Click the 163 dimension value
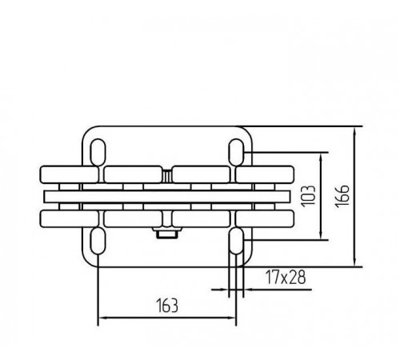tap(167, 306)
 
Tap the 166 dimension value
tap(342, 196)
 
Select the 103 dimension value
tap(308, 196)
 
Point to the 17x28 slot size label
tap(286, 277)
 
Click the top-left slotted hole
tap(98, 152)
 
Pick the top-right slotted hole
tap(236, 152)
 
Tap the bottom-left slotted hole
tap(98, 241)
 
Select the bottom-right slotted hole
tap(236, 241)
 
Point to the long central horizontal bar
tap(167, 197)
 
